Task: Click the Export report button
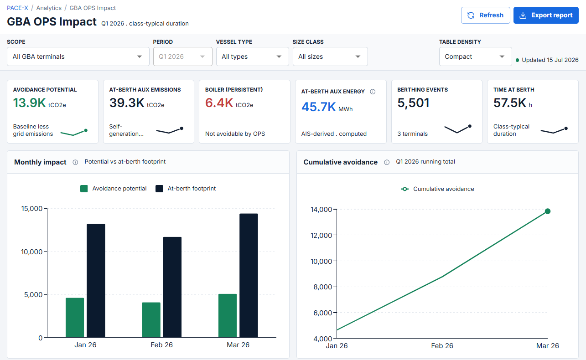coord(546,15)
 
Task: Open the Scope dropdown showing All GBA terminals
coord(78,57)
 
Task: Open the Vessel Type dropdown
coord(252,57)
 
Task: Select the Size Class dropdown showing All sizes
coord(330,57)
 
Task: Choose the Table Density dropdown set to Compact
coord(475,57)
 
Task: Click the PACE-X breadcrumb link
coord(17,8)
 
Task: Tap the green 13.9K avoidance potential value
coord(29,103)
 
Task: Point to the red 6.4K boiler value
coord(219,103)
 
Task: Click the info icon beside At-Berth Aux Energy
coord(373,92)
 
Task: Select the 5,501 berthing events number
coord(413,103)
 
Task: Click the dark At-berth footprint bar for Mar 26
coord(249,276)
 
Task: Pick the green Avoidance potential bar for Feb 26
coord(151,320)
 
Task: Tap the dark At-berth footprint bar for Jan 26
coord(96,281)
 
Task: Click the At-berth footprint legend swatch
coord(159,189)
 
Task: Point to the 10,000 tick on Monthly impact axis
coord(31,252)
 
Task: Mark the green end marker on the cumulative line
coord(548,211)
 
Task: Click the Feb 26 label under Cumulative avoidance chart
coord(442,345)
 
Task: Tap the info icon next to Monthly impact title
coord(75,162)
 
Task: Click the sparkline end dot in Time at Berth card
coord(566,129)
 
